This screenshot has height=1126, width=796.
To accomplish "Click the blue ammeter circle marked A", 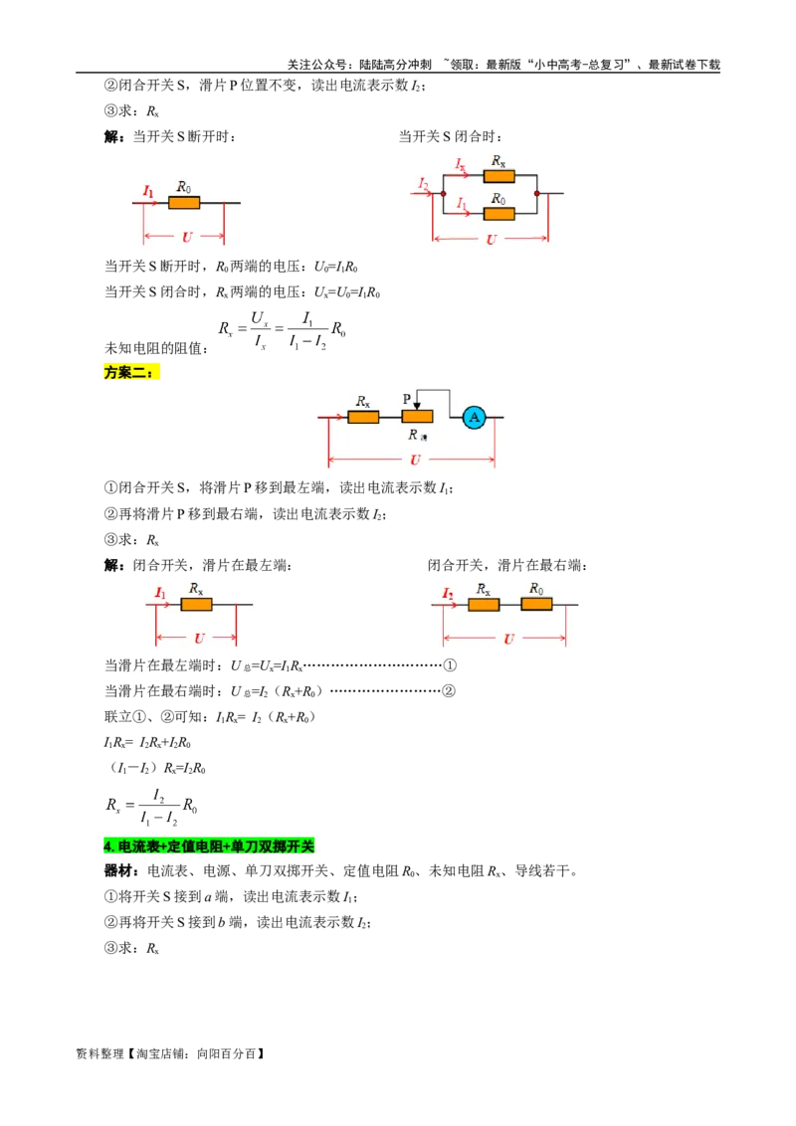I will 475,417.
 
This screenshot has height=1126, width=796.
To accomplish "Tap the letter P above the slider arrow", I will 407,399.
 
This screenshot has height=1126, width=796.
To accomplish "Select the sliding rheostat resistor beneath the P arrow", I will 417,417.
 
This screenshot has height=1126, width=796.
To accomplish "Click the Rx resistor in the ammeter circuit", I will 363,417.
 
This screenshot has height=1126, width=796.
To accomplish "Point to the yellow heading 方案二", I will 130,372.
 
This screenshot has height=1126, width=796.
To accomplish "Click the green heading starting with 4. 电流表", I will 207,846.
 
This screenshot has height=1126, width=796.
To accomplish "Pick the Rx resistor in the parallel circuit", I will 498,176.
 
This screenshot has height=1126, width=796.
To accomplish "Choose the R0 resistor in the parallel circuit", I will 498,213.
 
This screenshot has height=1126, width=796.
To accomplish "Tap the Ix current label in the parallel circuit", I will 461,163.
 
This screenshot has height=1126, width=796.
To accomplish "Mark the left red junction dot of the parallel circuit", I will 443,193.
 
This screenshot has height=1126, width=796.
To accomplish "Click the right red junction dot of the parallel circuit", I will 537,193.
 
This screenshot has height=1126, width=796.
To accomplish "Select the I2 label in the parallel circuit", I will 424,184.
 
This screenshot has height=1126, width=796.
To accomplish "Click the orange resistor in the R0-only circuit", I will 184,203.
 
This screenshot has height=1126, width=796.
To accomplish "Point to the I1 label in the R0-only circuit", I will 148,191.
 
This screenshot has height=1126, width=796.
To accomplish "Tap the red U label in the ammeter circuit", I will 415,460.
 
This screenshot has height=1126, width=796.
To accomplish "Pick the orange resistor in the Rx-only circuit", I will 196,604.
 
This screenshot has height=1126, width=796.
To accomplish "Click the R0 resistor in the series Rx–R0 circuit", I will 536,604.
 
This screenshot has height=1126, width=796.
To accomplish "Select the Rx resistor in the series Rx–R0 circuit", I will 484,604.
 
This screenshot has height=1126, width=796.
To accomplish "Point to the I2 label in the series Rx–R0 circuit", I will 448,594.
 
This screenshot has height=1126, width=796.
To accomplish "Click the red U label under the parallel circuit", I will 491,239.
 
